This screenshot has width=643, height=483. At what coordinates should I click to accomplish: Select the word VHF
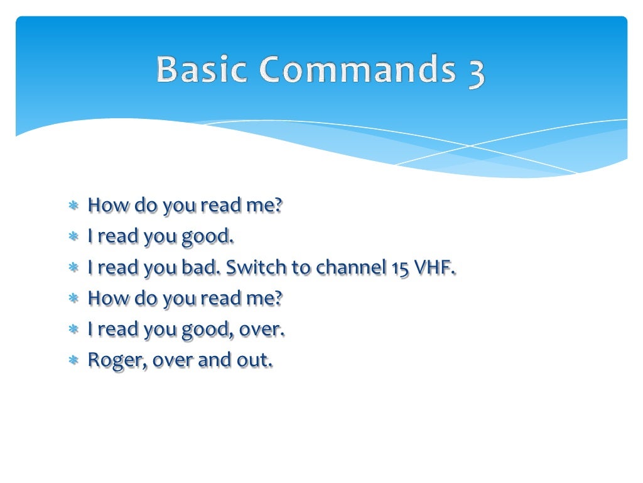[x=435, y=267]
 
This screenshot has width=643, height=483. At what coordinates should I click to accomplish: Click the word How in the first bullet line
[x=105, y=205]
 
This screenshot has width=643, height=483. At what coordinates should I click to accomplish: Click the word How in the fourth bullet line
[x=105, y=298]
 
